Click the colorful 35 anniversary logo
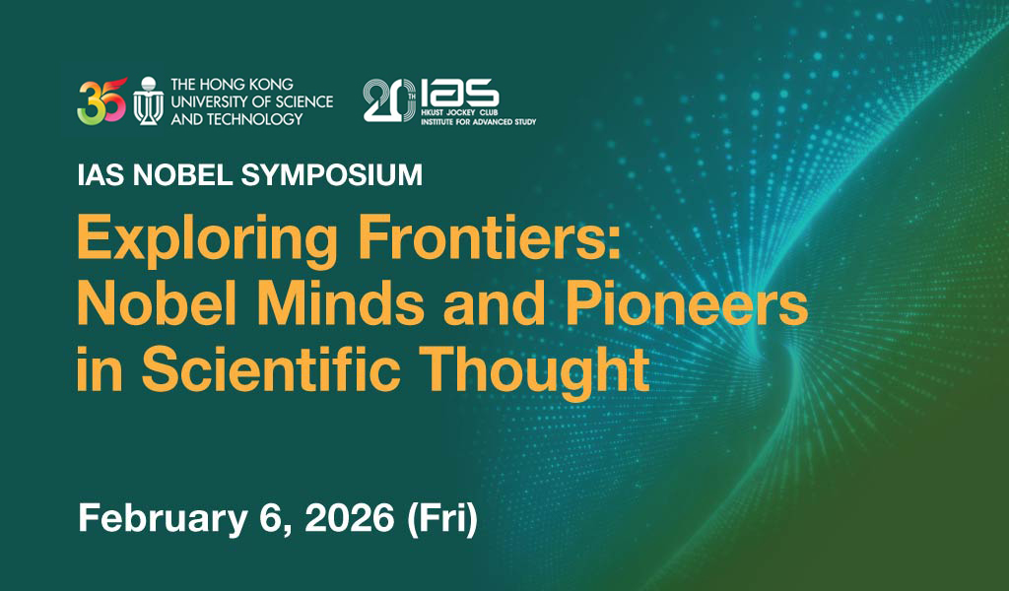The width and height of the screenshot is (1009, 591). (101, 101)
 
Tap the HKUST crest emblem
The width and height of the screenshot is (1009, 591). (149, 101)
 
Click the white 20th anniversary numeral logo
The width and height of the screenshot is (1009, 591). (389, 100)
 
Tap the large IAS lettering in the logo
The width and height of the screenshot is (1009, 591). (459, 94)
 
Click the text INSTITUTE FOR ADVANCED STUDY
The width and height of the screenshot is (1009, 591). (479, 121)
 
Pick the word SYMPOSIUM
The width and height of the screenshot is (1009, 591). (332, 175)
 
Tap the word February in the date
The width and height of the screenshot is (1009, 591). (163, 519)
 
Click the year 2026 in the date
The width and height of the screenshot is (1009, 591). (350, 518)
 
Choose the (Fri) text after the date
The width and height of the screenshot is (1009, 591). (442, 519)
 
